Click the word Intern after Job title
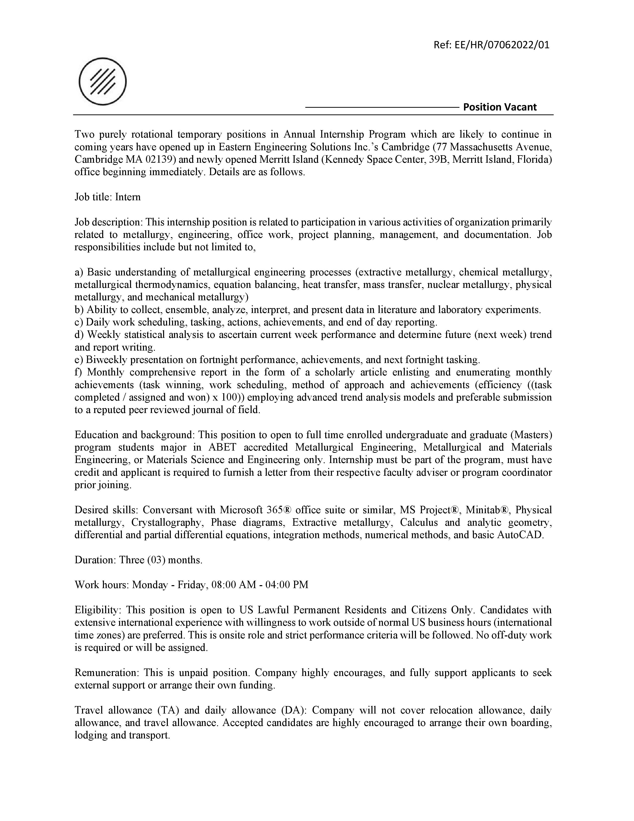coord(128,197)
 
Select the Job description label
coord(109,222)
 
